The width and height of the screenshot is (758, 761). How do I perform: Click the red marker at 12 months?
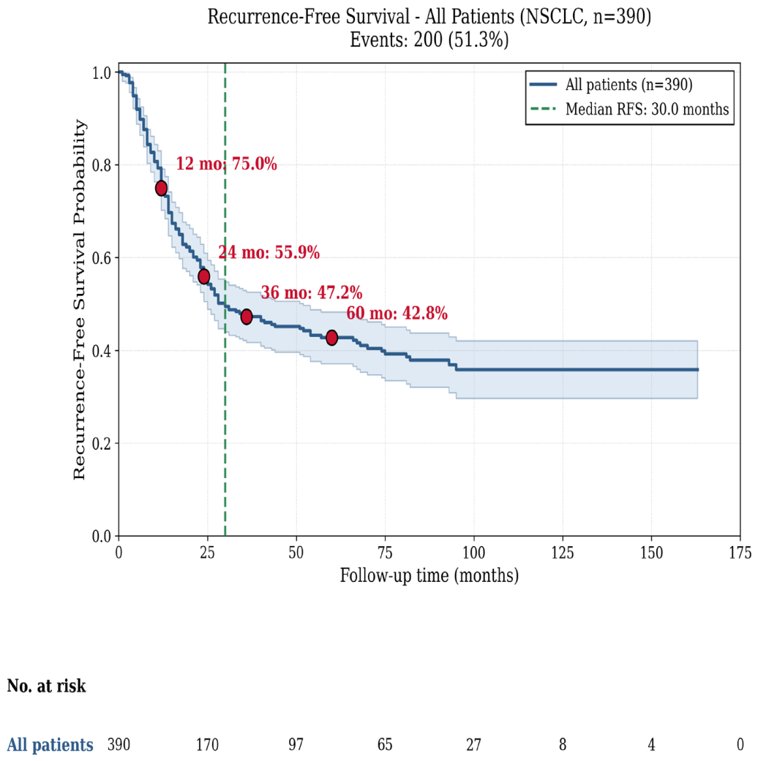[161, 189]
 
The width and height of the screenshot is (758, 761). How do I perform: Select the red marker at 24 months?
[204, 276]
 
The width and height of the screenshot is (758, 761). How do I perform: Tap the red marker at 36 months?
[247, 317]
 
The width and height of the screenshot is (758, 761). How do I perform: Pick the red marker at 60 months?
[332, 337]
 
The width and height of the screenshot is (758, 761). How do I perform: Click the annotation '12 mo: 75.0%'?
[226, 164]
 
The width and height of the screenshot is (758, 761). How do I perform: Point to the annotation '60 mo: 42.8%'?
[397, 314]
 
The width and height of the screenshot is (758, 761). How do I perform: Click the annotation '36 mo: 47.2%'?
[312, 293]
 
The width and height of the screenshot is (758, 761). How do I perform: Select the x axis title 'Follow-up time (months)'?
[429, 575]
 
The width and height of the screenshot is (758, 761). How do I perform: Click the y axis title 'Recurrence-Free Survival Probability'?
[79, 300]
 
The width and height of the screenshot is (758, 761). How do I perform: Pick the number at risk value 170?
[208, 744]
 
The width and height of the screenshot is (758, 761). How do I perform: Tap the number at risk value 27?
[474, 744]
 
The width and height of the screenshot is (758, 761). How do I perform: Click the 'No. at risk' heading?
[47, 686]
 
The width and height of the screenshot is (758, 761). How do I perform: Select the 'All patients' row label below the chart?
[50, 744]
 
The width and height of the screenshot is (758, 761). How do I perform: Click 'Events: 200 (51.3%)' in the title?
[429, 39]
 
